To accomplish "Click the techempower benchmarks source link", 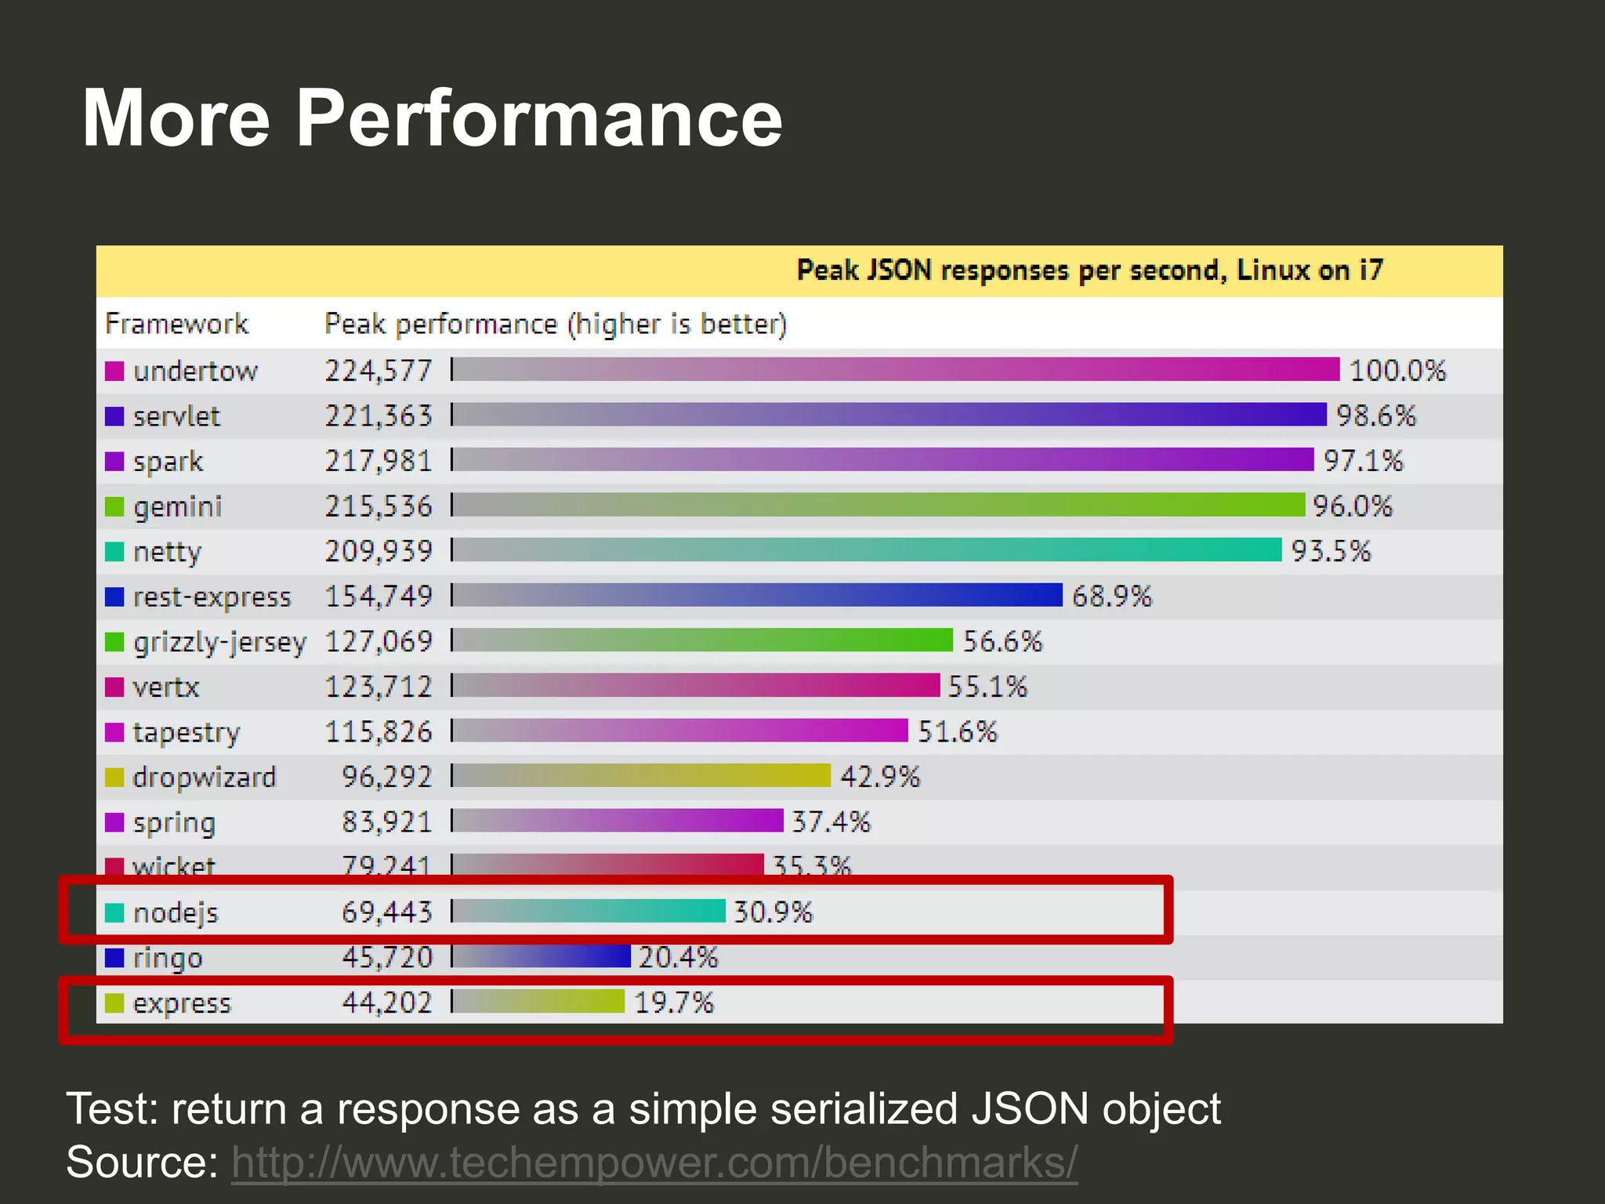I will pyautogui.click(x=654, y=1162).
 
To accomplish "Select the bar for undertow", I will pyautogui.click(x=895, y=369).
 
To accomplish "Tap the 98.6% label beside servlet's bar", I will pyautogui.click(x=1376, y=415).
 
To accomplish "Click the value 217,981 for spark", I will pyautogui.click(x=379, y=461).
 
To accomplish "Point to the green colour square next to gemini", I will pyautogui.click(x=114, y=506).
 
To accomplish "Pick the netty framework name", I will pyautogui.click(x=167, y=552).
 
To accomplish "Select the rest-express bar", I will pyautogui.click(x=757, y=596).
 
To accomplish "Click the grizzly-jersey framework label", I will pyautogui.click(x=219, y=642).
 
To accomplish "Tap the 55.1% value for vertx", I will pyautogui.click(x=987, y=687).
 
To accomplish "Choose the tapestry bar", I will pyautogui.click(x=679, y=731).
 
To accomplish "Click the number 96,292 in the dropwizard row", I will pyautogui.click(x=386, y=777).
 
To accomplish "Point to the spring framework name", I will pyautogui.click(x=174, y=822).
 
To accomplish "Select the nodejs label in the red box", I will pyautogui.click(x=176, y=912).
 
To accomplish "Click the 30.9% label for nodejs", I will pyautogui.click(x=774, y=912).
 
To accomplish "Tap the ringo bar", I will pyautogui.click(x=542, y=957).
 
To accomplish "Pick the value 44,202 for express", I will pyautogui.click(x=386, y=1003).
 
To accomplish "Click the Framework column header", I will pyautogui.click(x=176, y=324).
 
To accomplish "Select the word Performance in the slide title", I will pyautogui.click(x=539, y=118).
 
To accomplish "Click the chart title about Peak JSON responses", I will pyautogui.click(x=1089, y=270).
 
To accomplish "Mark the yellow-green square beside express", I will pyautogui.click(x=114, y=1003).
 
